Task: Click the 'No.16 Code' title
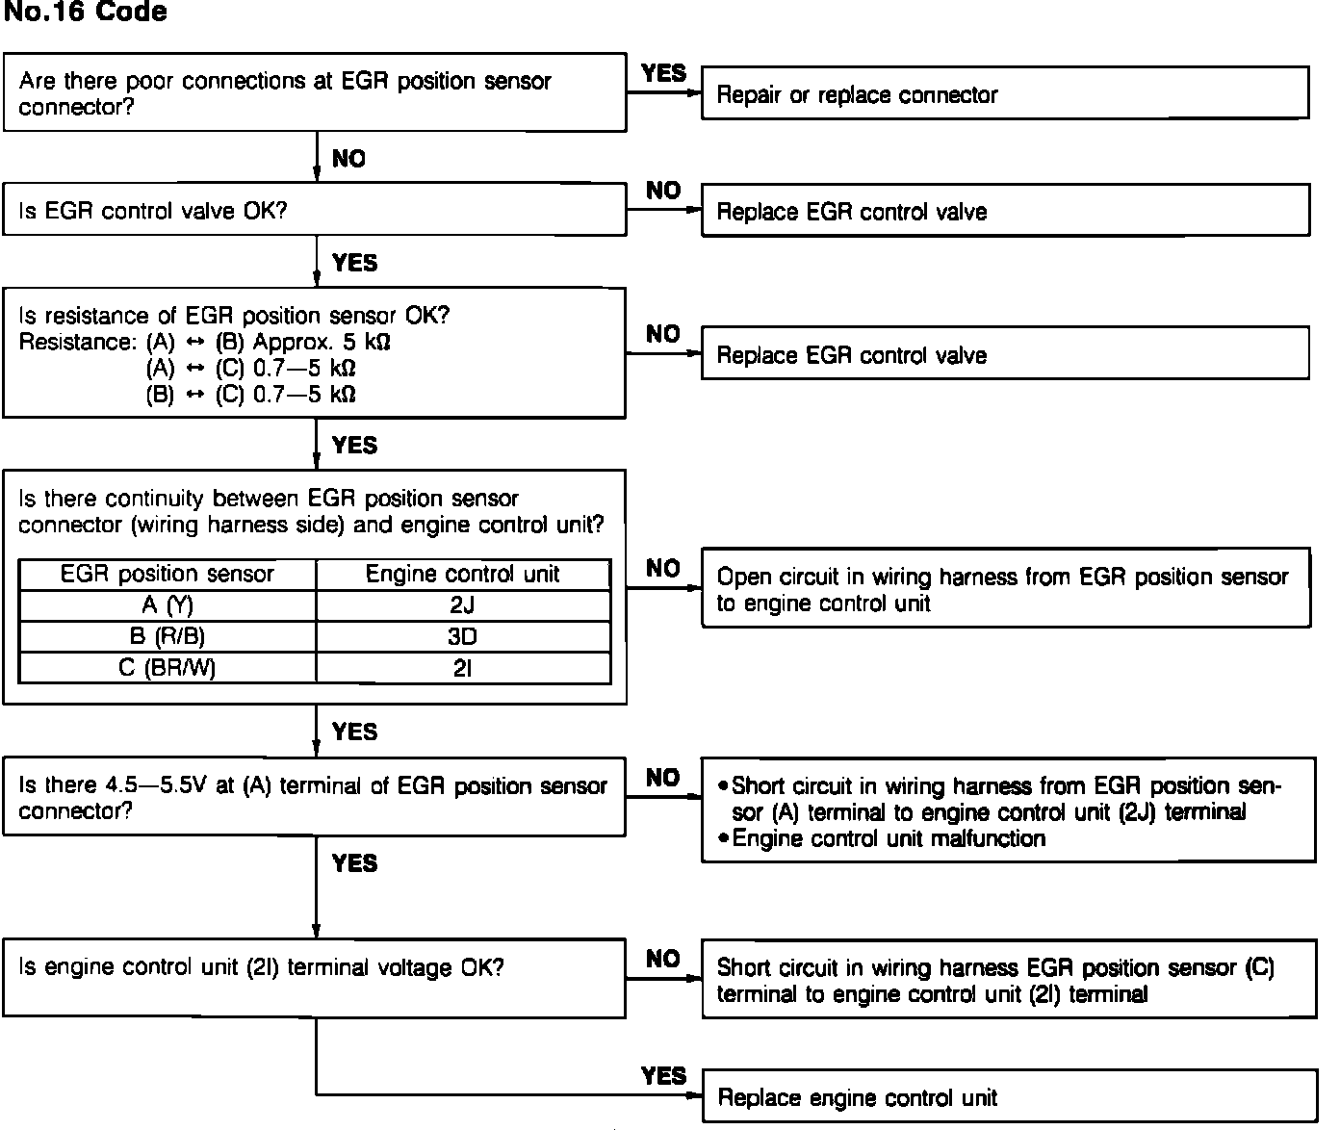pos(85,13)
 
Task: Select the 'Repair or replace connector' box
pos(1005,93)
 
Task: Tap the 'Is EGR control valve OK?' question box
pos(315,210)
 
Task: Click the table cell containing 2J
pos(463,605)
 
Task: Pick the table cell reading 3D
pos(463,636)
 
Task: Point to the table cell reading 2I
pos(463,667)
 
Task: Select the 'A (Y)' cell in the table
pos(167,605)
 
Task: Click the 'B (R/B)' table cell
pos(167,636)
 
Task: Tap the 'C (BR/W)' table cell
pos(167,667)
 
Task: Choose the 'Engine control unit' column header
pos(463,574)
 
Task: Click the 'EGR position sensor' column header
pos(167,574)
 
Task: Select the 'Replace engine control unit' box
pos(1009,1097)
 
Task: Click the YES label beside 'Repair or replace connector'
pos(664,73)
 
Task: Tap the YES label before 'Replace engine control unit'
pos(664,1075)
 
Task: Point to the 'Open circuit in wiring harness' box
pos(1005,588)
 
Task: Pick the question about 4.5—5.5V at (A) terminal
pos(315,797)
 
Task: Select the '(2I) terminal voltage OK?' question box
pos(315,978)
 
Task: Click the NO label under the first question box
pos(348,159)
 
